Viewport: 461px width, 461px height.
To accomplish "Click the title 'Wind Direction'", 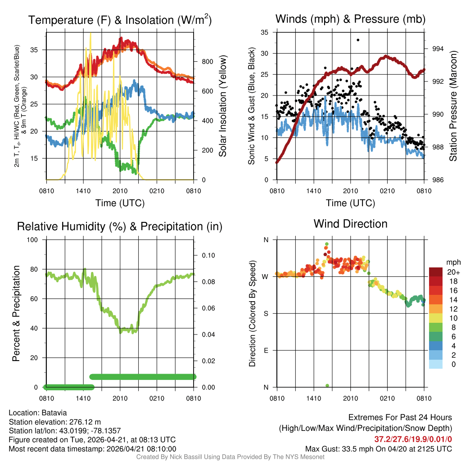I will coord(350,224).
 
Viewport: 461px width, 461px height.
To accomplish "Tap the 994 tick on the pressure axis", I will coord(433,49).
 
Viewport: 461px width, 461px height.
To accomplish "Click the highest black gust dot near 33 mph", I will coord(358,40).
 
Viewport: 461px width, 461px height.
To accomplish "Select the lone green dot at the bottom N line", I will coord(327,385).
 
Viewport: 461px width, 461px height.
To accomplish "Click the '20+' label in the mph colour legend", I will coord(451,272).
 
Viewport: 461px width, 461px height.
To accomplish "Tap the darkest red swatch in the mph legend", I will coord(435,272).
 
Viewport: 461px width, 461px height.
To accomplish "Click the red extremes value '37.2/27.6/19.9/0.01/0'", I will coord(413,439).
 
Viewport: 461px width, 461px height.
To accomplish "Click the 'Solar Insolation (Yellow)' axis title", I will coord(222,106).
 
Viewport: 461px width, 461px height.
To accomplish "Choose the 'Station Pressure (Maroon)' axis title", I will coord(453,106).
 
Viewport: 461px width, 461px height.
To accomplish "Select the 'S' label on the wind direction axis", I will coord(266,313).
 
